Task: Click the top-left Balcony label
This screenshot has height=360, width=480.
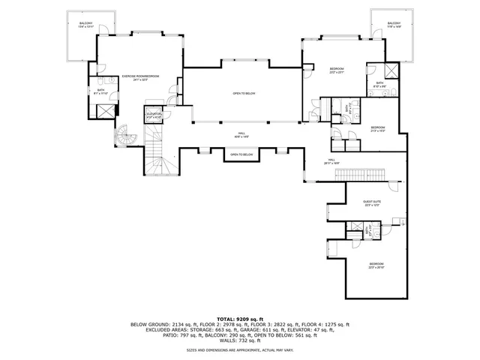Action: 86,25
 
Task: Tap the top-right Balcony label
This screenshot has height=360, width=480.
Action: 394,25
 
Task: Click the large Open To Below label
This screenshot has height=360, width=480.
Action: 241,94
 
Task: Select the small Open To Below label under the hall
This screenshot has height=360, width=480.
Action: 241,154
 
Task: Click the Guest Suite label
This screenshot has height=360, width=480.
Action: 373,202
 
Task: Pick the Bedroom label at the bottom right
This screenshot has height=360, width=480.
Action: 376,265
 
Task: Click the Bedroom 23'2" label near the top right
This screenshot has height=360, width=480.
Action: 335,71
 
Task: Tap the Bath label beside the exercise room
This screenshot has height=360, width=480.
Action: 100,91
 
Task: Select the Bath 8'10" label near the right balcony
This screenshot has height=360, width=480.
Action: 380,84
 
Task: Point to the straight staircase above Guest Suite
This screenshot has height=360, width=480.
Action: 358,175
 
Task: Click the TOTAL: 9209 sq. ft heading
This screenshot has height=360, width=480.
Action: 240,319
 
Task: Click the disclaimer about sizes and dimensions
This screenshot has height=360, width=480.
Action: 240,349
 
